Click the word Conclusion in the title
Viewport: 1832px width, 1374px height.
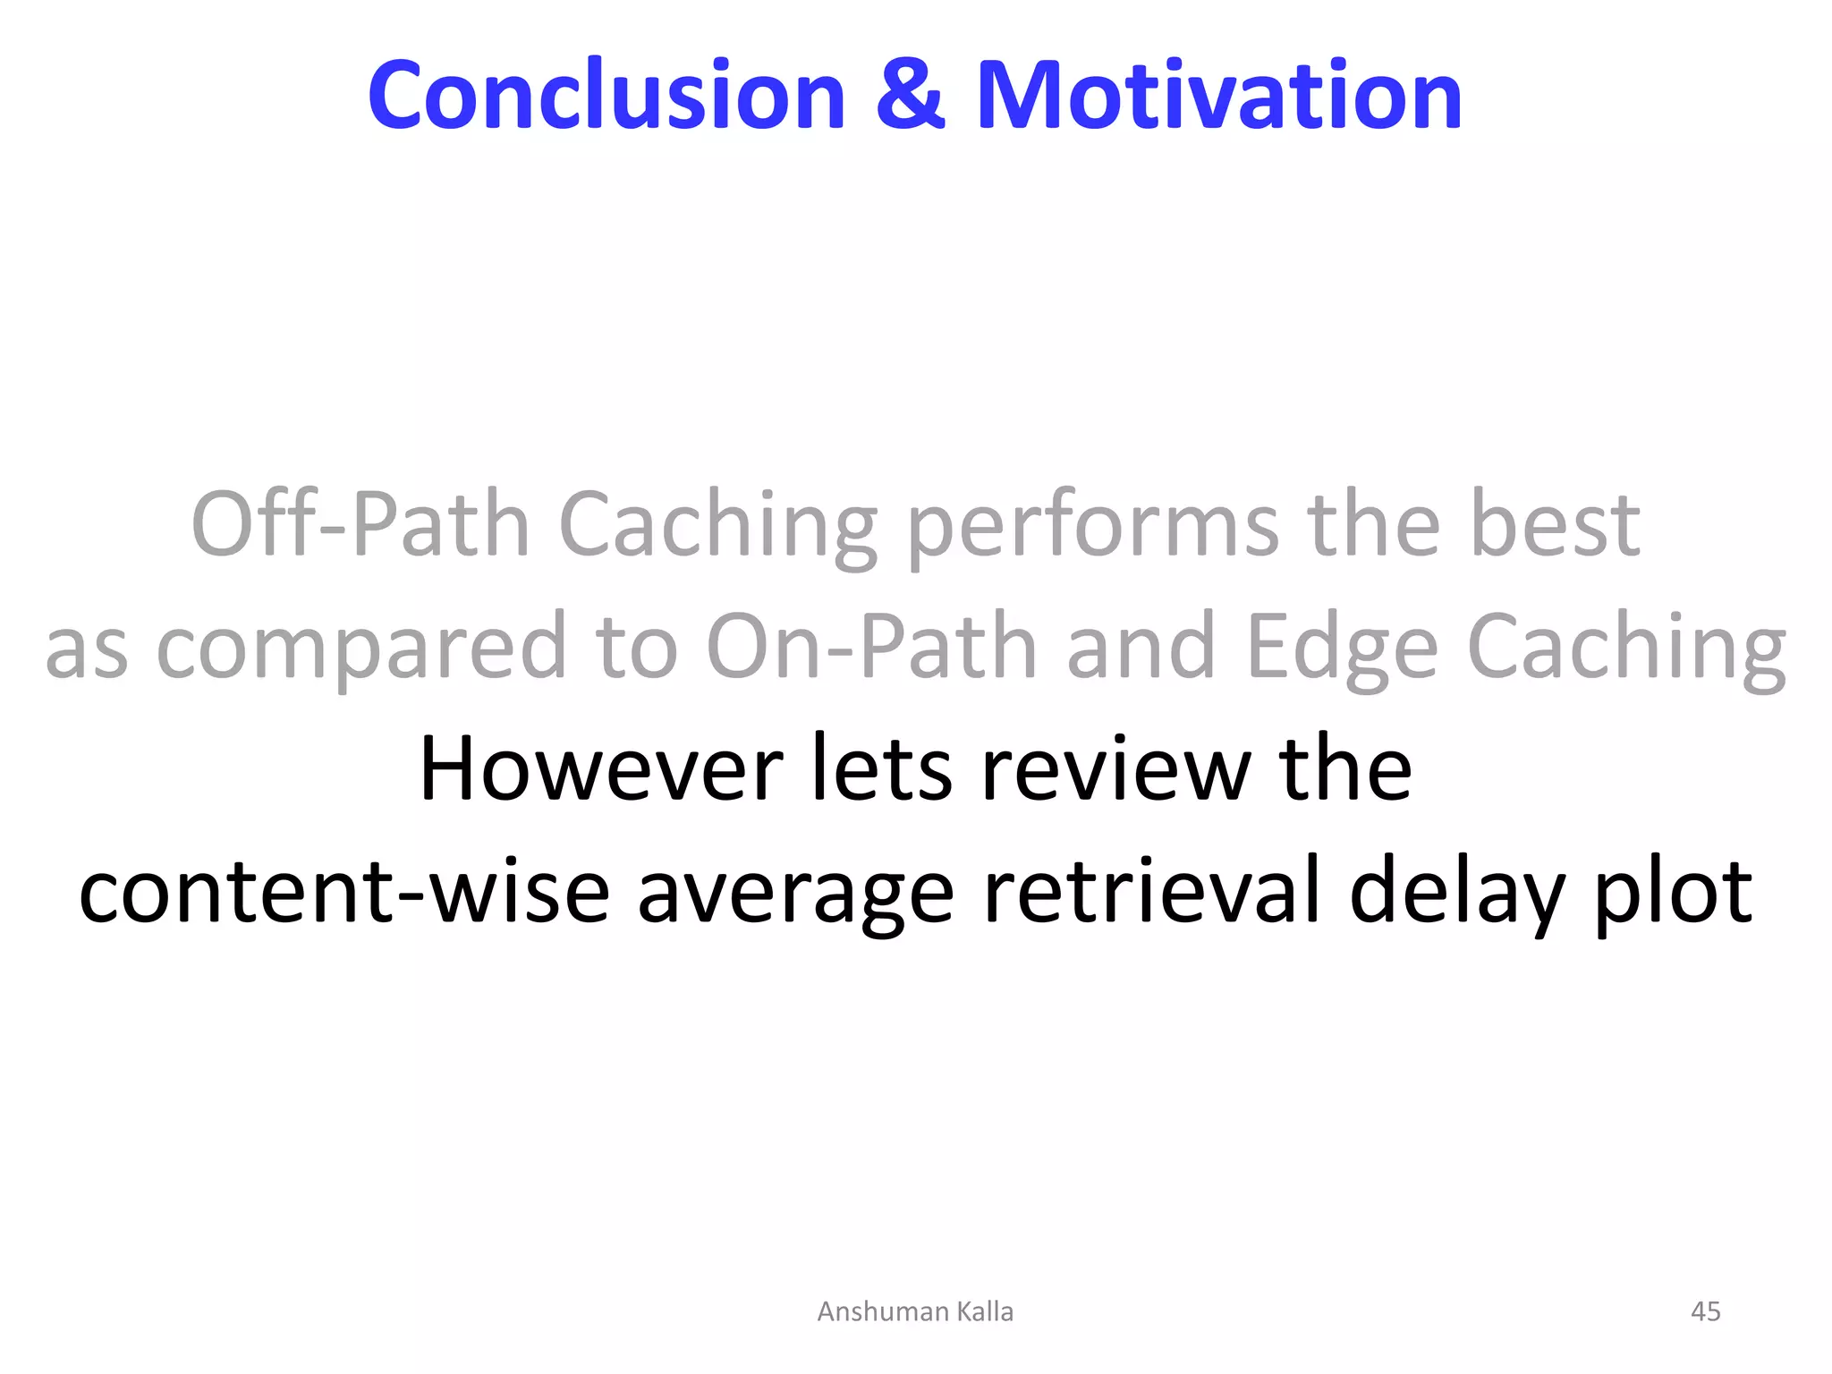click(x=606, y=95)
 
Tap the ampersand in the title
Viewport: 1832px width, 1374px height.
click(x=910, y=95)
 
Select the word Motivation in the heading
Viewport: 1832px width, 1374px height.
click(x=1218, y=95)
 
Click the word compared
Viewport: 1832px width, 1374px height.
click(x=361, y=648)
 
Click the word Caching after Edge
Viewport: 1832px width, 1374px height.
click(x=1626, y=648)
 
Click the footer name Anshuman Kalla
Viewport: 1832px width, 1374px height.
click(x=915, y=1311)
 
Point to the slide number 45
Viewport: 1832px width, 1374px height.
click(x=1705, y=1311)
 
